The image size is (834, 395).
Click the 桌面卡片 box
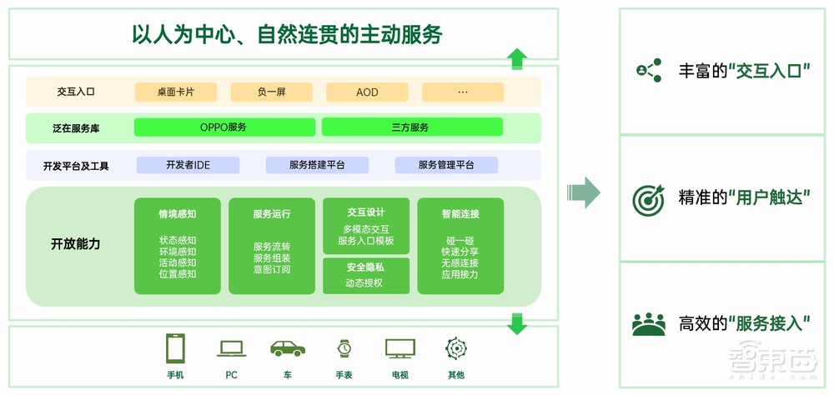(175, 92)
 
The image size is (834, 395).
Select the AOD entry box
(367, 92)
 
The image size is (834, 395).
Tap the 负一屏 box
(271, 92)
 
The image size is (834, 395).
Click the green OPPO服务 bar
(224, 127)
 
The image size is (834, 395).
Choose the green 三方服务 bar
(412, 127)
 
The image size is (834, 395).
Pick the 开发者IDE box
(188, 165)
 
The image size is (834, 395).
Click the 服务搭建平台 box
(317, 165)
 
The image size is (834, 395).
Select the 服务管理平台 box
(446, 165)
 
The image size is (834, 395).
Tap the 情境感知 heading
(178, 214)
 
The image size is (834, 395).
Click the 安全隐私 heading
(365, 267)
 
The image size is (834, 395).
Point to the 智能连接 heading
(460, 214)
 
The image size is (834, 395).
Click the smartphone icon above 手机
(175, 347)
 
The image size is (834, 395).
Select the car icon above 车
(287, 347)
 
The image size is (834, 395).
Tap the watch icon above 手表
(344, 347)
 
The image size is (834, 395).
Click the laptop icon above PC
(231, 347)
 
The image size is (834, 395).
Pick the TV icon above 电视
(399, 347)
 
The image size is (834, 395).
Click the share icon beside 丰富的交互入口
(648, 71)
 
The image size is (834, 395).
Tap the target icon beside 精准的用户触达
(648, 199)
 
